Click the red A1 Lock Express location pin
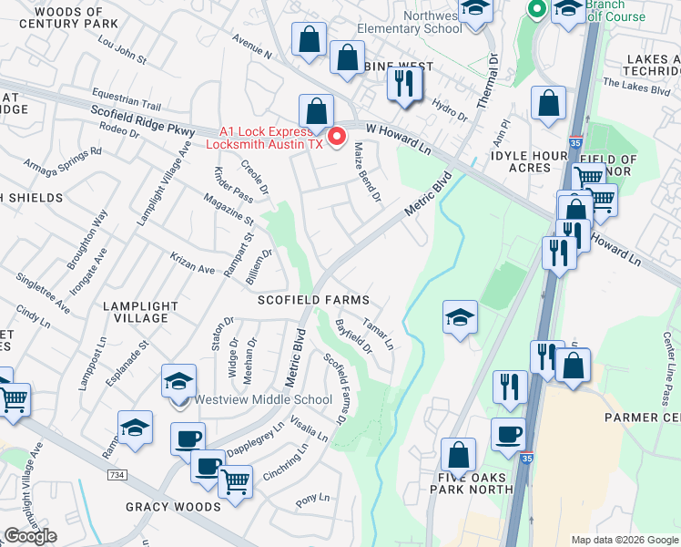(337, 137)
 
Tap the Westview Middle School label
(263, 399)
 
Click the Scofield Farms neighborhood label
(313, 300)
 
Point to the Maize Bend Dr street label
(366, 171)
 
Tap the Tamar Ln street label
(378, 334)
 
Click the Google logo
(30, 536)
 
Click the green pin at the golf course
(536, 10)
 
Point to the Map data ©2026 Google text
(624, 540)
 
